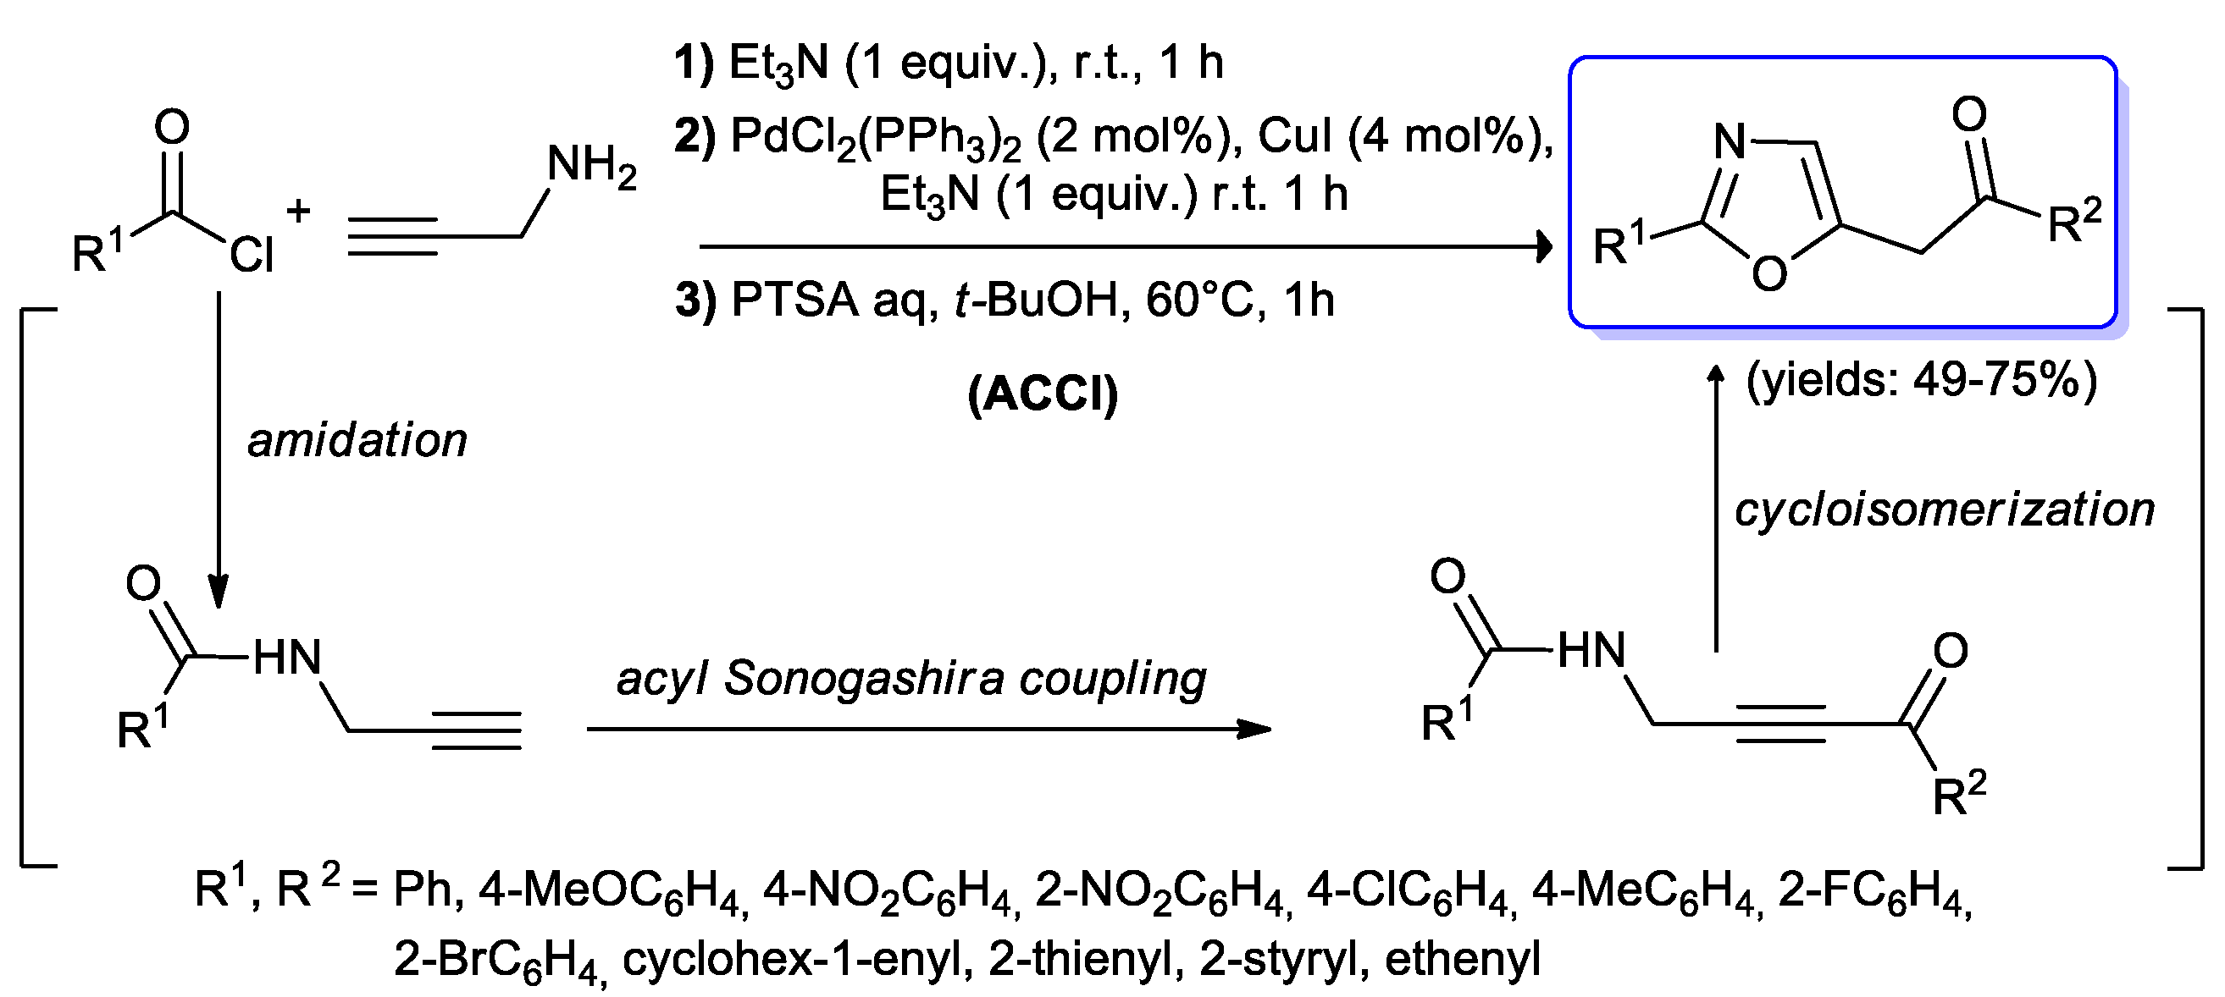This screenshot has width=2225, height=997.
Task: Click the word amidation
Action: click(357, 440)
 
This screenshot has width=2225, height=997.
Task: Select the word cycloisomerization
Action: click(1945, 510)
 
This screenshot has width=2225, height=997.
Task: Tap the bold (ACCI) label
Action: click(1043, 394)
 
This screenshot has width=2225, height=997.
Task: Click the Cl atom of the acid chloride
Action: click(252, 255)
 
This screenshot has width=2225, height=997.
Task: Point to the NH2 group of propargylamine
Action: click(592, 164)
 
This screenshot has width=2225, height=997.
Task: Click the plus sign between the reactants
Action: click(298, 210)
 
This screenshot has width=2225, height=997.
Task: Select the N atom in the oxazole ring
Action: click(1730, 140)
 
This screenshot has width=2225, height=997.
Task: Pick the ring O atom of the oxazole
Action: click(1769, 274)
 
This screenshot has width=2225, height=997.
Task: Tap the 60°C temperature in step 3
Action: click(1198, 300)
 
